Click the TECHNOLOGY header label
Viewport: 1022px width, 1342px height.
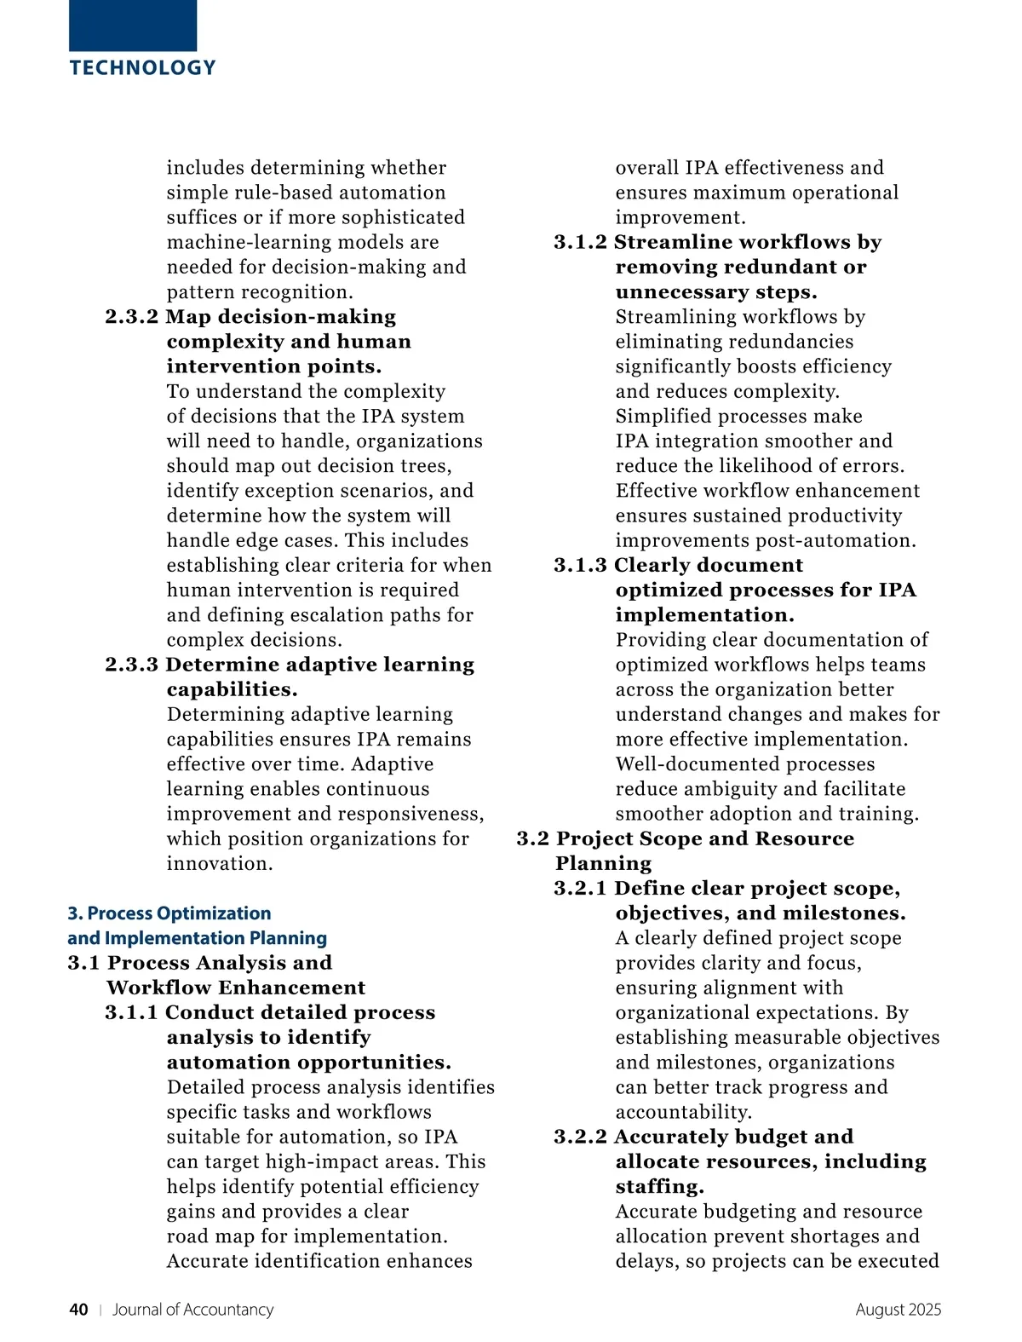coord(143,68)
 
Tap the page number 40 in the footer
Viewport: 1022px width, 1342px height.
coord(78,1310)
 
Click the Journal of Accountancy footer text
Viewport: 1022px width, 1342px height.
coord(192,1310)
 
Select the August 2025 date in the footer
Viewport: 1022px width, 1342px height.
coord(898,1310)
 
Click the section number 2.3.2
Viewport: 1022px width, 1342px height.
coord(132,317)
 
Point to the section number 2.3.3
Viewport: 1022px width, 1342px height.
coord(132,665)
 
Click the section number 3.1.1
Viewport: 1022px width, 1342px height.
coord(132,1012)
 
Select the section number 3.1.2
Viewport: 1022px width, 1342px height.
coord(580,242)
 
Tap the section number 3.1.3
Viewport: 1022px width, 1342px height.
coord(580,565)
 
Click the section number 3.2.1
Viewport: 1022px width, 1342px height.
coord(580,888)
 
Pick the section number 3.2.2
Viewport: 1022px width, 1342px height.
coord(580,1137)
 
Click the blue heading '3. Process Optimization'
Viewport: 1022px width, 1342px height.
coord(169,913)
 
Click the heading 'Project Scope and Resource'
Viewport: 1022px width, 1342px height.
coord(704,838)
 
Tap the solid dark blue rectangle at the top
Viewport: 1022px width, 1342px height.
coord(133,26)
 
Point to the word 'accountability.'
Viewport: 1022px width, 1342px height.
coord(684,1112)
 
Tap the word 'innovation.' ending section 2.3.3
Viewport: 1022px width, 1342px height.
coord(220,863)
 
